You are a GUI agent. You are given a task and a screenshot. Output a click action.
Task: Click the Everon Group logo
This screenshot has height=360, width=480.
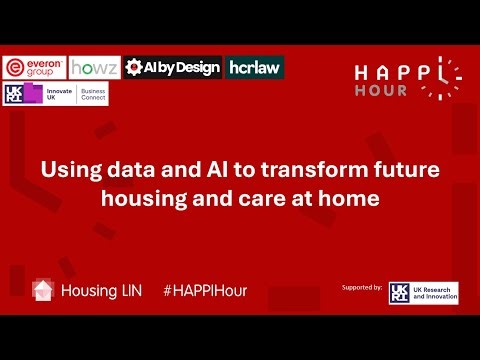[34, 67]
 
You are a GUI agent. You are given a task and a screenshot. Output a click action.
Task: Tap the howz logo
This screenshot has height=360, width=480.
[95, 67]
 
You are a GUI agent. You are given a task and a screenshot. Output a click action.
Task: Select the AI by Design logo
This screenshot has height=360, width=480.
[173, 67]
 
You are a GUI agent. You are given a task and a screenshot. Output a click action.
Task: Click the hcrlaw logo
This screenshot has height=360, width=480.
[254, 67]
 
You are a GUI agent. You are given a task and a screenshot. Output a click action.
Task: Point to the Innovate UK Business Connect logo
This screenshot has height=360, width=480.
[56, 94]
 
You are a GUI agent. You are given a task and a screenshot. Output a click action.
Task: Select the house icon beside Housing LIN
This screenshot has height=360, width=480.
[43, 290]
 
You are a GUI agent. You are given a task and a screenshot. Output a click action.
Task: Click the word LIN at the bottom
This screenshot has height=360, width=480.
[123, 290]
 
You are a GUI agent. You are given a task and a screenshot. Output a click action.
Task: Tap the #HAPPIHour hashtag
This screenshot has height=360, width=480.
[204, 290]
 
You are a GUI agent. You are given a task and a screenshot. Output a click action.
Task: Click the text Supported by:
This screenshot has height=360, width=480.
[362, 287]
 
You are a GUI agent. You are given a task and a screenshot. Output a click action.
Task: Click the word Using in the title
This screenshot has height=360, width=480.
[68, 170]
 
